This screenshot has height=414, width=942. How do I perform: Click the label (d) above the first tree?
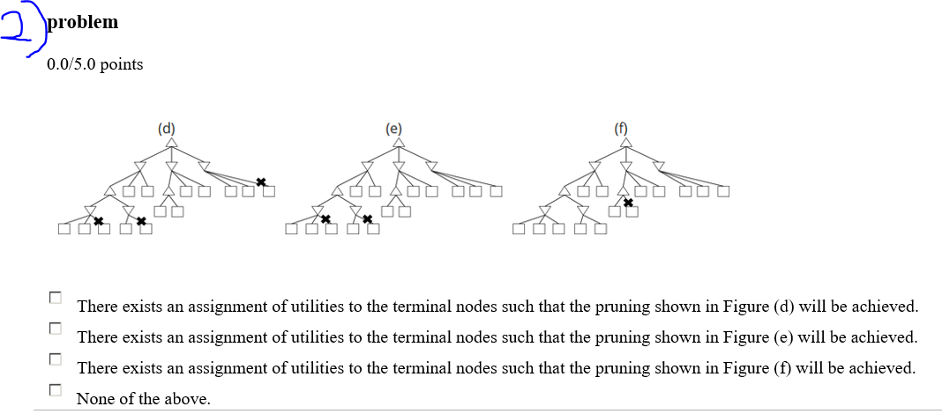coord(167,127)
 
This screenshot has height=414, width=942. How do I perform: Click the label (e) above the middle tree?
coord(394,127)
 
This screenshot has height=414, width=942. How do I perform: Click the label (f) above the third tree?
coord(622,127)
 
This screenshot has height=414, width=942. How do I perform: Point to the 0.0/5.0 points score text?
coord(95,64)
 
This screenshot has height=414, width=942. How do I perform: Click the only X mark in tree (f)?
coord(627,203)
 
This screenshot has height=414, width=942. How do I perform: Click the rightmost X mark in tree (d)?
coord(260,181)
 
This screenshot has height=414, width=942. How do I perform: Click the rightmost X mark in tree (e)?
coord(367,218)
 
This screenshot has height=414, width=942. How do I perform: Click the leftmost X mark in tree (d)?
coord(99,219)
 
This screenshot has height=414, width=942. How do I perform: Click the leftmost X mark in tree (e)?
coord(325,218)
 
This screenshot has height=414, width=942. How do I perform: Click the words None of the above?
coord(144,399)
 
